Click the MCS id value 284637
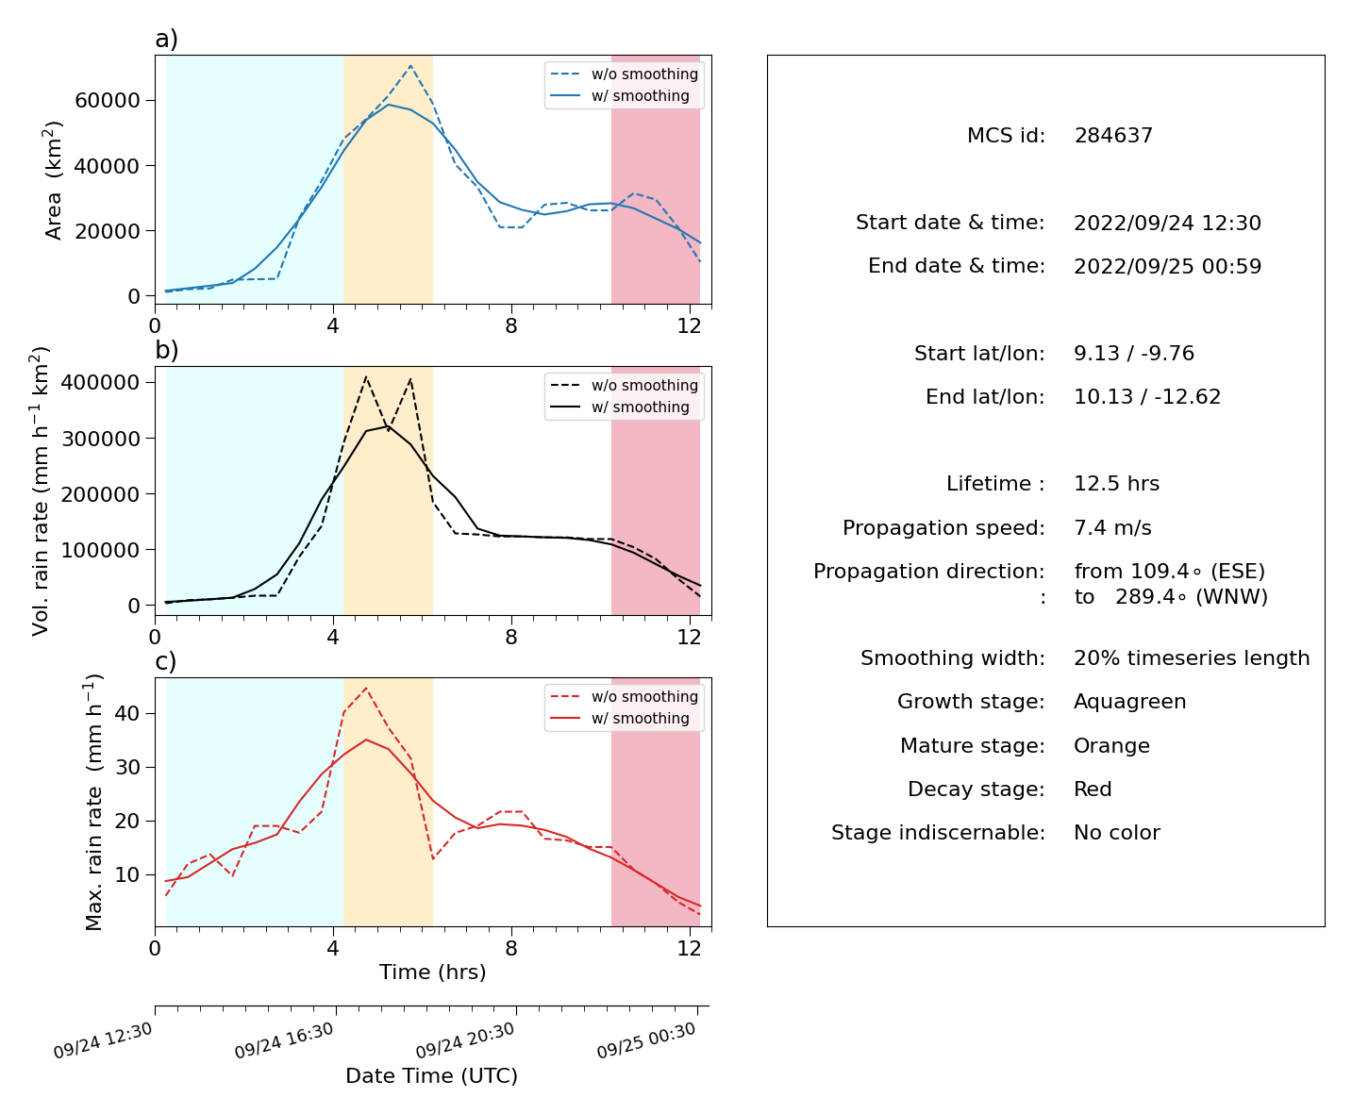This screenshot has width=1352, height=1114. click(x=1113, y=135)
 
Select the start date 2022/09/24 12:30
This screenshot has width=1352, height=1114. click(x=1167, y=223)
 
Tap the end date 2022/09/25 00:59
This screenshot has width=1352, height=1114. click(x=1167, y=266)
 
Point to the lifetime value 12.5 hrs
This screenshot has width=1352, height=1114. click(x=1116, y=484)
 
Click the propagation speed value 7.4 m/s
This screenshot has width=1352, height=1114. click(x=1112, y=527)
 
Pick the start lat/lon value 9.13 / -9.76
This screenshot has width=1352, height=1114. click(x=1134, y=353)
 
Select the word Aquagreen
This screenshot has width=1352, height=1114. click(x=1130, y=702)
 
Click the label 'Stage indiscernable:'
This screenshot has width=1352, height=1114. click(x=938, y=832)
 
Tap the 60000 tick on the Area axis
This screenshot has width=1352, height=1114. click(x=108, y=100)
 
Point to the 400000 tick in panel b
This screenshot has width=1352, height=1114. click(x=100, y=382)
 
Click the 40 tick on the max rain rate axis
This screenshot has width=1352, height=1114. click(x=127, y=713)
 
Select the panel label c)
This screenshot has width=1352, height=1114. click(x=166, y=661)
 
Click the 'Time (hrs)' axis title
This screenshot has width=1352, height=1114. click(x=432, y=973)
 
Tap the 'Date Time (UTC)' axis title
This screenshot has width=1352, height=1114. click(x=432, y=1076)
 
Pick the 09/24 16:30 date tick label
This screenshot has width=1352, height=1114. click(x=284, y=1040)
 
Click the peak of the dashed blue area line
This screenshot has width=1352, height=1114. click(x=410, y=65)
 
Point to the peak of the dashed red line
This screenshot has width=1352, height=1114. click(x=366, y=688)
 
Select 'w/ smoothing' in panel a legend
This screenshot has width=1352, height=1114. click(x=641, y=96)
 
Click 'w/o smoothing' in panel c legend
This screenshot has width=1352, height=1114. click(x=644, y=696)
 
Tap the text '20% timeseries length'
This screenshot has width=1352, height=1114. click(x=1192, y=658)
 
